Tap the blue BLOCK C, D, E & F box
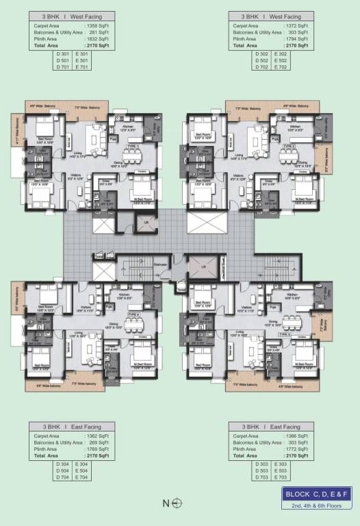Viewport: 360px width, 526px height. click(x=317, y=495)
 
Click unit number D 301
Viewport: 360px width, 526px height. click(x=63, y=53)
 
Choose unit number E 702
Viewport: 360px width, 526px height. click(x=281, y=67)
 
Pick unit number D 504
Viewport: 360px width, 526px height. click(x=63, y=471)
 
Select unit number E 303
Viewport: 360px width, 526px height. click(x=281, y=464)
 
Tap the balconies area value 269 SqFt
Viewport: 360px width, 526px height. click(x=100, y=443)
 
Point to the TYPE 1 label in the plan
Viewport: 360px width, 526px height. click(x=133, y=146)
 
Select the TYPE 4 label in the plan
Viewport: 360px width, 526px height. click(x=133, y=315)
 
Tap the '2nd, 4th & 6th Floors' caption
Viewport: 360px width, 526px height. click(x=317, y=505)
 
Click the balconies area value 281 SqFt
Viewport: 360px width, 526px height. click(x=100, y=32)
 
